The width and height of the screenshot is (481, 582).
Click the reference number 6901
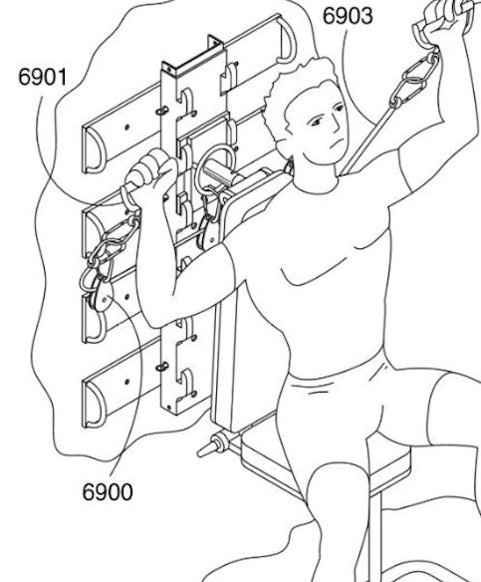[43, 78]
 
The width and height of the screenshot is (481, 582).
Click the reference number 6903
[348, 16]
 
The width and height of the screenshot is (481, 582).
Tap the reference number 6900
[108, 491]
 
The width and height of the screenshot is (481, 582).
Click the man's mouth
[336, 143]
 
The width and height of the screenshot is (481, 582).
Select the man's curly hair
[293, 97]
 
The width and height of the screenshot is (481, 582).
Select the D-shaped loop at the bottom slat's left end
[93, 406]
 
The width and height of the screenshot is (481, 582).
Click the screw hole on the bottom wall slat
[126, 382]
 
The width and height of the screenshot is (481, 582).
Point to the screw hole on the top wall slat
[127, 127]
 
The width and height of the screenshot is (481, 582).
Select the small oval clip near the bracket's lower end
[162, 367]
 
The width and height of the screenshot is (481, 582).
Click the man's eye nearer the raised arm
[339, 108]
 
